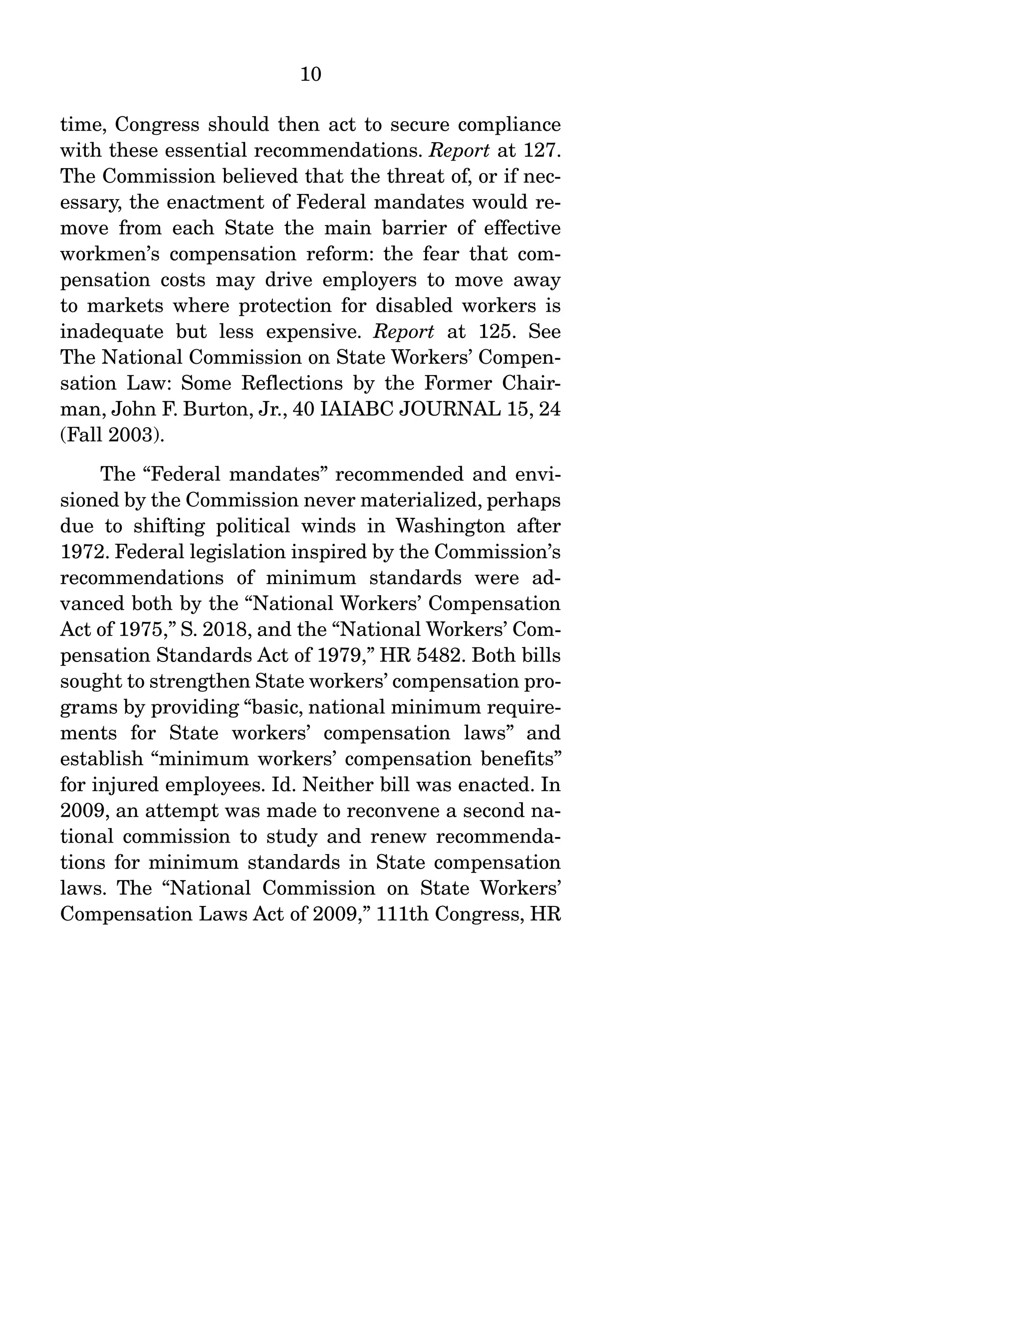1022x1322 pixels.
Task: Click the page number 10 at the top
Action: [310, 74]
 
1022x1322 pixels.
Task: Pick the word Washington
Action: [450, 525]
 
